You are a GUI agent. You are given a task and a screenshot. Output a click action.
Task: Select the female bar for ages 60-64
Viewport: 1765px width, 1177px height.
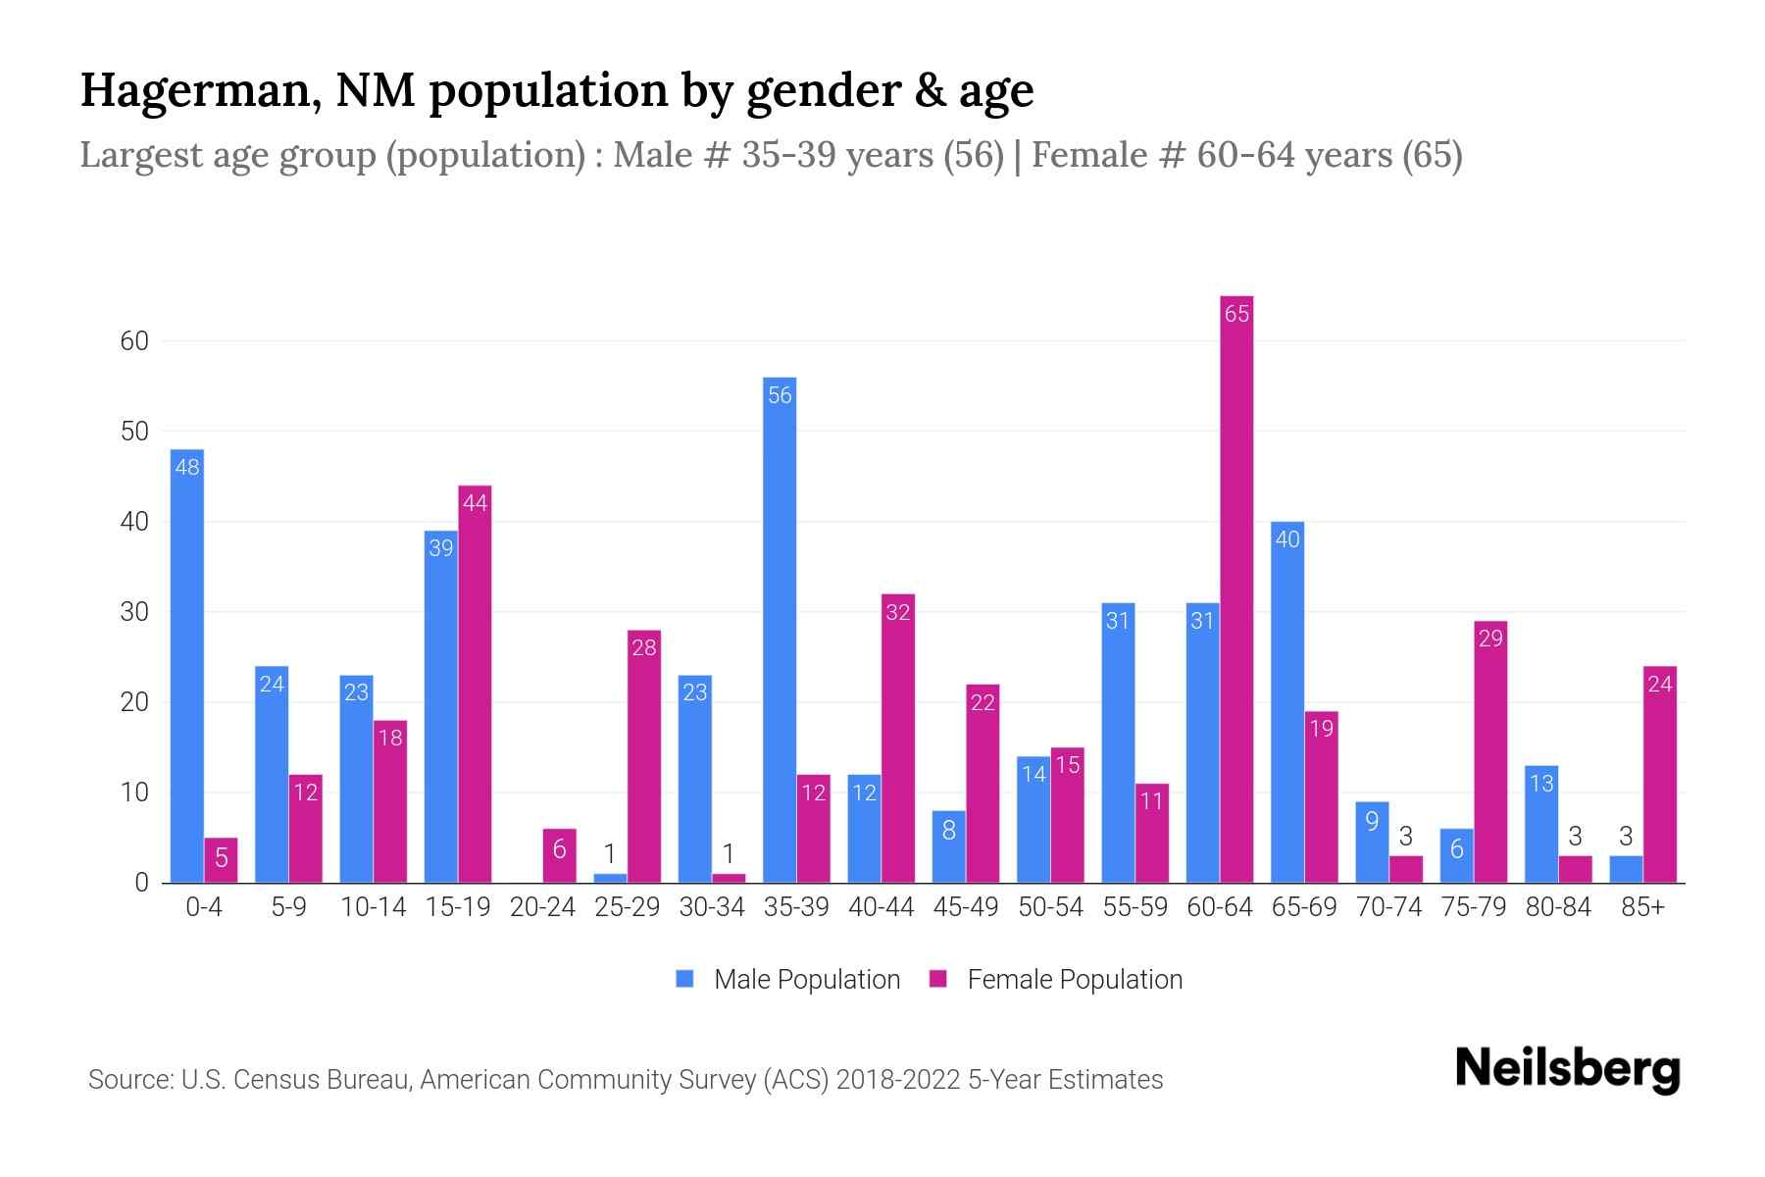[1236, 588]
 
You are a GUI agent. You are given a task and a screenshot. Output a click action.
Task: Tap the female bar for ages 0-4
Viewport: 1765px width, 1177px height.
[221, 860]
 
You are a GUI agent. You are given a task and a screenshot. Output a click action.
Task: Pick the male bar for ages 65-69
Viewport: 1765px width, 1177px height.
[1286, 702]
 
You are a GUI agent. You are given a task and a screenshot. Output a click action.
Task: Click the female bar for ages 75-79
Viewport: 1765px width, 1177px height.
[1489, 751]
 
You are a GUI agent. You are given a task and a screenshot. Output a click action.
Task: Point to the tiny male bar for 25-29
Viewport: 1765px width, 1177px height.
[610, 878]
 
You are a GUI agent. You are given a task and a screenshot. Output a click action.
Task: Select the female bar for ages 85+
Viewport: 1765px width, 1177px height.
[1659, 775]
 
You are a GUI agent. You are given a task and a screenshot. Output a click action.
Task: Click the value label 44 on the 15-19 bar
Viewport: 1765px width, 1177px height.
[475, 503]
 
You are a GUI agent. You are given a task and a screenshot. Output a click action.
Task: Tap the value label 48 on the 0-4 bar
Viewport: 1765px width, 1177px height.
[187, 467]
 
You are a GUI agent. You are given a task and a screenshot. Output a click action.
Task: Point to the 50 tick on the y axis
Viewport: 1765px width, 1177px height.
[134, 432]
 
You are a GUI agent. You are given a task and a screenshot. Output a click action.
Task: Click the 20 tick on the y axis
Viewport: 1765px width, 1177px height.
[134, 702]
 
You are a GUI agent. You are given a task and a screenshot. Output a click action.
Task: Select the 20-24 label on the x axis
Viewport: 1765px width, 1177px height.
[542, 907]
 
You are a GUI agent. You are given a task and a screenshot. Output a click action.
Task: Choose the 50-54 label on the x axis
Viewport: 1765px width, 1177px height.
[1050, 907]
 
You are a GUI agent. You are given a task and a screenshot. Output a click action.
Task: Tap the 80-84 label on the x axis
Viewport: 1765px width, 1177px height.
[1558, 907]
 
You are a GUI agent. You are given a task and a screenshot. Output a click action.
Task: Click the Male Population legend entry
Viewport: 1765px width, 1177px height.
[788, 979]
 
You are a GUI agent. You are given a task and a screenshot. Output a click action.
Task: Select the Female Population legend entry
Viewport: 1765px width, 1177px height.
[1057, 979]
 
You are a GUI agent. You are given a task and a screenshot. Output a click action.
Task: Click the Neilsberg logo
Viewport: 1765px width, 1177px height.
[1567, 1069]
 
